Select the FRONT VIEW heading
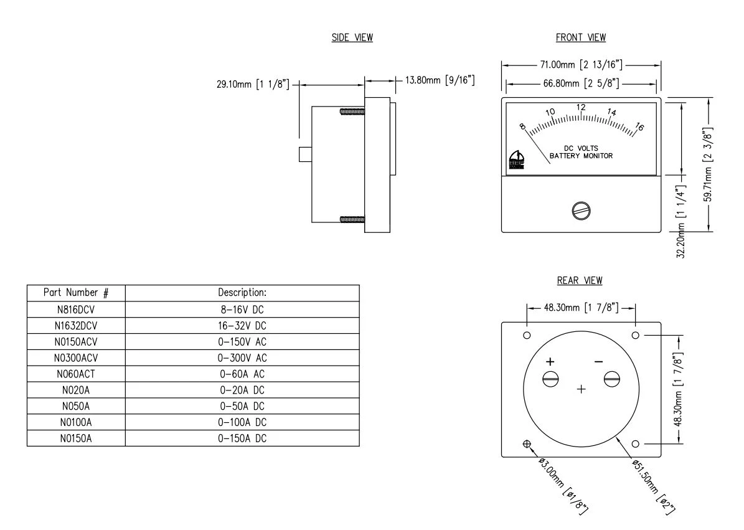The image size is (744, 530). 580,38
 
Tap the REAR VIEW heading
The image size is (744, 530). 580,281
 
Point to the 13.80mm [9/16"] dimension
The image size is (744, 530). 440,80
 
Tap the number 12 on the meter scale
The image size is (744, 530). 581,107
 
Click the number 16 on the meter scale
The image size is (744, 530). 639,127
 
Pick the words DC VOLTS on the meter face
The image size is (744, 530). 581,148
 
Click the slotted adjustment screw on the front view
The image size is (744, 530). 580,211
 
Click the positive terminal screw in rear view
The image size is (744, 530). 550,379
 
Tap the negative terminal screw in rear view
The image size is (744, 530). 611,379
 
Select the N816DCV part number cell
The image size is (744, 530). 76,309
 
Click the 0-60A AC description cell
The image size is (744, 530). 242,373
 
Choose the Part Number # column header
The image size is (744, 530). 76,292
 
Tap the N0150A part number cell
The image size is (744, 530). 76,438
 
